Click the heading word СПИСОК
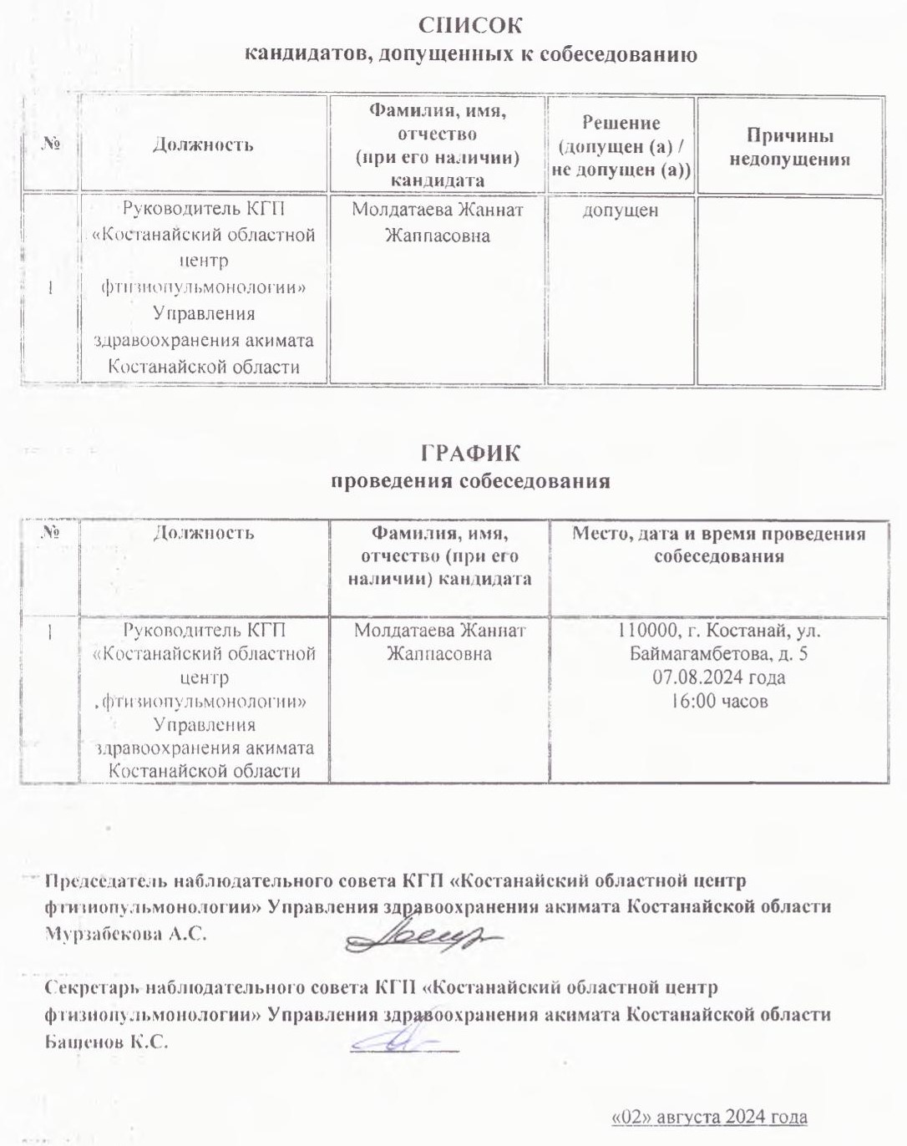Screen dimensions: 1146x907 tap(470, 25)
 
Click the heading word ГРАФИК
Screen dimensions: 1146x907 tap(470, 453)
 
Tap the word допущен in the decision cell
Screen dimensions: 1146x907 tap(621, 210)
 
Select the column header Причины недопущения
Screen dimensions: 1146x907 tap(789, 147)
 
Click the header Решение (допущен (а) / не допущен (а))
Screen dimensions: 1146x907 tap(621, 146)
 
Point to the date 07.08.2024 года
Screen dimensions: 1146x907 tap(718, 677)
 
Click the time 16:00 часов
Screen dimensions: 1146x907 tap(719, 702)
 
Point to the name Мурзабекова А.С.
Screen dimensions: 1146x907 tap(125, 935)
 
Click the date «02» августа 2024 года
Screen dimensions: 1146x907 tap(709, 1118)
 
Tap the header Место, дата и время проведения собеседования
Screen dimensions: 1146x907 tap(718, 545)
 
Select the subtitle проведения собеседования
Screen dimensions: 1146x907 tap(470, 482)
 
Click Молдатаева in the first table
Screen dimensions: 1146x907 tap(397, 210)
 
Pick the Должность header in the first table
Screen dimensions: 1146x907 tap(203, 145)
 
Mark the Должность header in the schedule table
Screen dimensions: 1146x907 tap(203, 532)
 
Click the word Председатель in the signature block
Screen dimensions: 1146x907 tap(105, 880)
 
